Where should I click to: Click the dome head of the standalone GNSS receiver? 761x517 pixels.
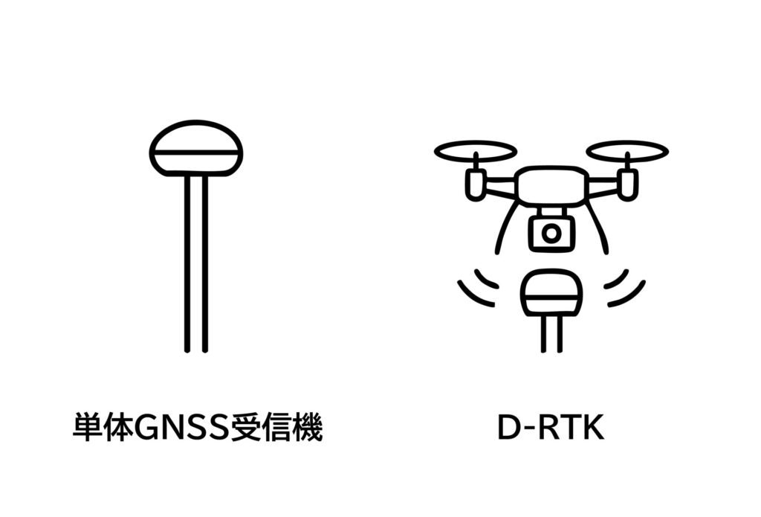pos(196,148)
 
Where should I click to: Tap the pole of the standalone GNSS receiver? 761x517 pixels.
pos(196,264)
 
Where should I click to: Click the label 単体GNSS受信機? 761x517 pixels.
pos(198,428)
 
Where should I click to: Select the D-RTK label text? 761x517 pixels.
pos(551,428)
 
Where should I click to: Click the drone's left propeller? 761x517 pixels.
pos(475,151)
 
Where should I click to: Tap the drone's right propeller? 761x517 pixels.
pos(627,151)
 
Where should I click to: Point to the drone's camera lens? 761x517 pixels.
pos(551,234)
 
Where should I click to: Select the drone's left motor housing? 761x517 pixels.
pos(476,184)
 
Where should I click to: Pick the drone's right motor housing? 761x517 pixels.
pos(628,184)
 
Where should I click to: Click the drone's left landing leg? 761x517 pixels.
pos(507,225)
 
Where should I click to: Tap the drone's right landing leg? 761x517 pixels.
pos(595,225)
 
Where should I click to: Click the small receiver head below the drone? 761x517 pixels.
pos(551,292)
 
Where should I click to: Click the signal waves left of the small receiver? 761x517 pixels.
pos(478,287)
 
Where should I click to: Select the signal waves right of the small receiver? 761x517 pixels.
pos(625,287)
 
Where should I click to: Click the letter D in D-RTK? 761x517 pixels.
pos(509,428)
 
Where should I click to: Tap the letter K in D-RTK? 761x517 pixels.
pos(594,428)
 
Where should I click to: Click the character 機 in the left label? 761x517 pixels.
pos(308,428)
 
